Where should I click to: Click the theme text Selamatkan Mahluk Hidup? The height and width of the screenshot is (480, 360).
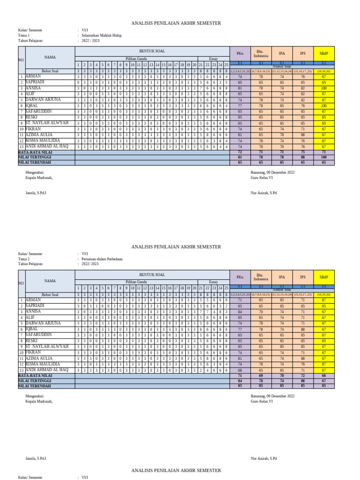tap(101, 35)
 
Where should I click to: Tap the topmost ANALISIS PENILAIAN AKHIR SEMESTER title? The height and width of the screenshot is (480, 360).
tap(176, 23)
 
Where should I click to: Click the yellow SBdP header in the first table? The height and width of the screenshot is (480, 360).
tap(324, 53)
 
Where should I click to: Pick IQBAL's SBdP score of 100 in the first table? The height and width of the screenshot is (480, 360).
tap(324, 106)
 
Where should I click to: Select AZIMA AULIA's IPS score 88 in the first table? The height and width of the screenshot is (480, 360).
tap(303, 135)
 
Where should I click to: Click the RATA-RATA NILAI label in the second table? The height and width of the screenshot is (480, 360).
tap(35, 376)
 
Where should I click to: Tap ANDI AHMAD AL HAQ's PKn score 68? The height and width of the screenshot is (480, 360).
tap(240, 370)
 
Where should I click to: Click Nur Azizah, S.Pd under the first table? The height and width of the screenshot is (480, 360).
tap(264, 193)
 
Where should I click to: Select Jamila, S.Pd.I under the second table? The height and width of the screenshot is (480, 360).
tap(36, 458)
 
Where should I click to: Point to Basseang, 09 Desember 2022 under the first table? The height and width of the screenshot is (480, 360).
tap(273, 172)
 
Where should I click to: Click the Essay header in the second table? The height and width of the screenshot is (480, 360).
tap(213, 282)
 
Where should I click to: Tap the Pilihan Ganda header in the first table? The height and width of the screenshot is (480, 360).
tap(136, 59)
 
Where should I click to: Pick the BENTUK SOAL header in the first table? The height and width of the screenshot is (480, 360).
tap(152, 51)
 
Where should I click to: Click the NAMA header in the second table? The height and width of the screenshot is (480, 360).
tap(50, 281)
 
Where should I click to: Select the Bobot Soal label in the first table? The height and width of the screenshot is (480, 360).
tap(50, 71)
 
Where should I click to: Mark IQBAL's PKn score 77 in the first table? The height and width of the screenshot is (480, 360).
tap(240, 106)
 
